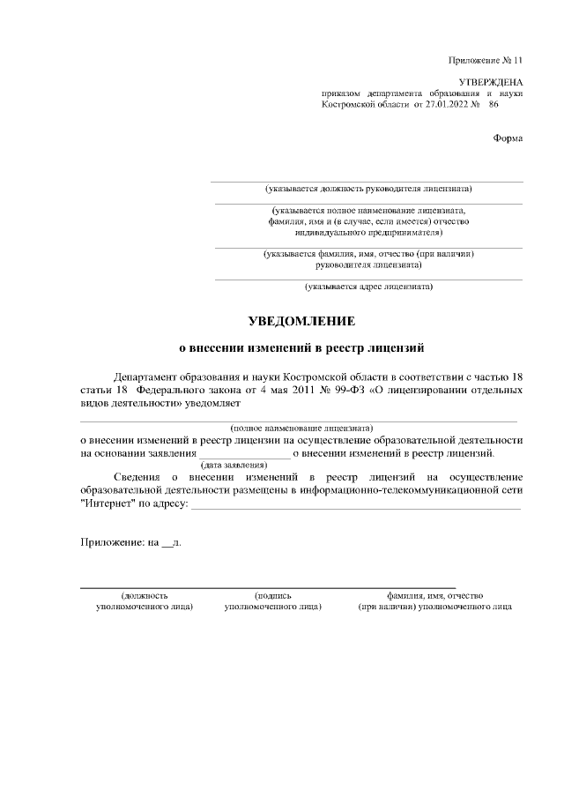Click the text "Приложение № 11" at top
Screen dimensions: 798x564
click(486, 60)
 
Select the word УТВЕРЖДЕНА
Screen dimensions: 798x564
click(491, 81)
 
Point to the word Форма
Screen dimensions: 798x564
click(508, 138)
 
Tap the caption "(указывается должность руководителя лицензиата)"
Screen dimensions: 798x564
click(368, 188)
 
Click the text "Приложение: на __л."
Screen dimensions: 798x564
click(130, 543)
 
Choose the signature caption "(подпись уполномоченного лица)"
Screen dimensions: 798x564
click(272, 602)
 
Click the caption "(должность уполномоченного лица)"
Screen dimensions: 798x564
click(145, 602)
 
